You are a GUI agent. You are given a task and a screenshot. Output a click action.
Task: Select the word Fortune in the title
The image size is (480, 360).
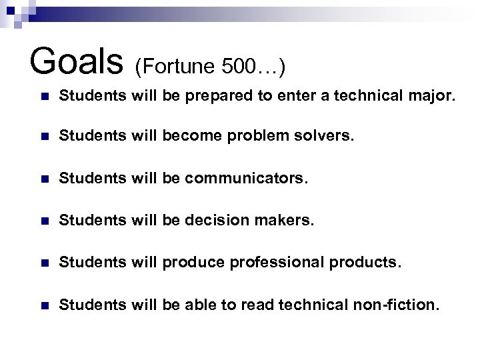click(x=179, y=66)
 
